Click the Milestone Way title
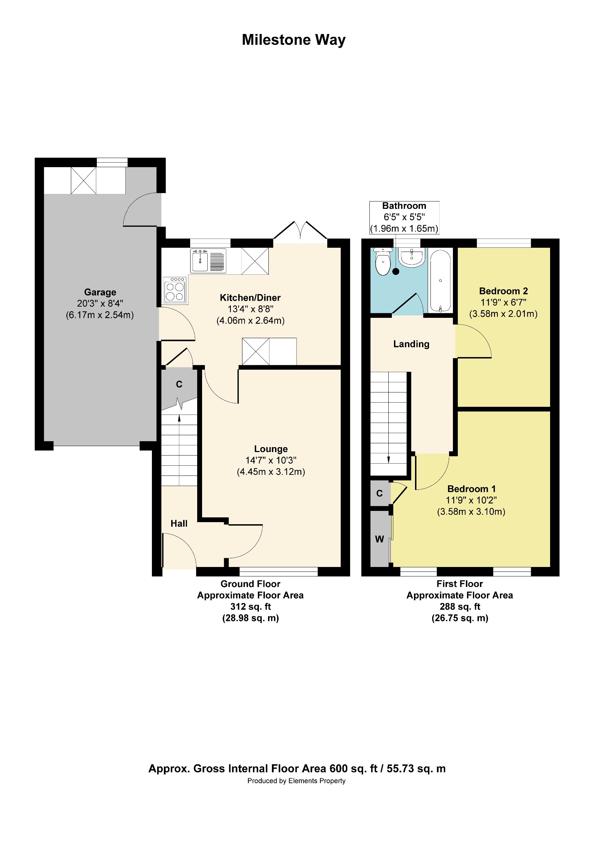(x=293, y=40)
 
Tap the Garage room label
(x=100, y=292)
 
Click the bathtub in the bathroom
(x=440, y=281)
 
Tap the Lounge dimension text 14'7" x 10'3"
(x=270, y=460)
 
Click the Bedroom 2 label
(x=503, y=291)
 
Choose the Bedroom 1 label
(x=472, y=488)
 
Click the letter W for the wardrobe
(x=379, y=539)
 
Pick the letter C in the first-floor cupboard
(x=380, y=493)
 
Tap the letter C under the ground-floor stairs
(x=179, y=384)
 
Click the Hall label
(x=179, y=524)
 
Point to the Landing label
(x=411, y=344)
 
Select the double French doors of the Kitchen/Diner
(x=300, y=231)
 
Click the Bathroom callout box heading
(x=404, y=206)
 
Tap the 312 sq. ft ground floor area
(x=250, y=607)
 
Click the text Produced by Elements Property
(x=296, y=781)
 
